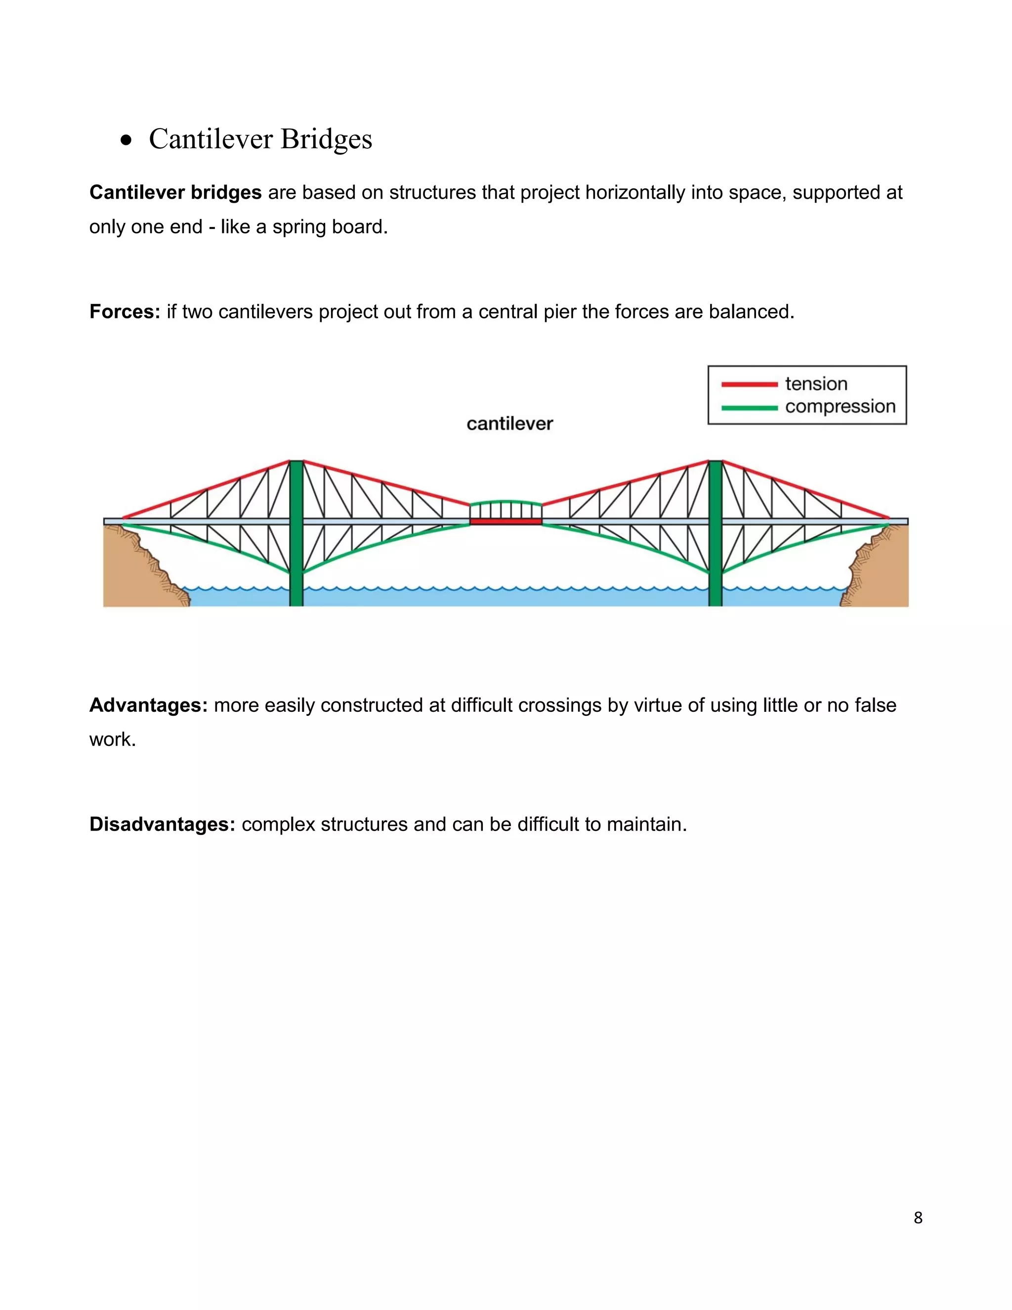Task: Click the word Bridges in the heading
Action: (326, 139)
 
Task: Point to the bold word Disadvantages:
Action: (162, 825)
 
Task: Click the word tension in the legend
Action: (816, 384)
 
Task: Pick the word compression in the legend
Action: (840, 407)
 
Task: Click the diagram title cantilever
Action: (509, 424)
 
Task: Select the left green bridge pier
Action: (296, 534)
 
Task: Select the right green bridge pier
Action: (715, 534)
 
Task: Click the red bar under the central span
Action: (506, 523)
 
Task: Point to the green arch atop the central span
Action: (506, 501)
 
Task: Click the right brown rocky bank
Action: (882, 570)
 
